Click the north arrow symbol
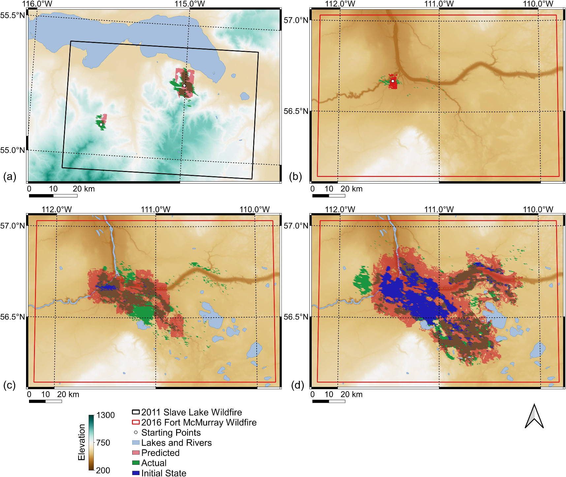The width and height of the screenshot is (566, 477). (x=534, y=417)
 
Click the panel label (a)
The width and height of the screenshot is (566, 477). (x=10, y=177)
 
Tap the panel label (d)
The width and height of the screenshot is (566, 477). (x=298, y=385)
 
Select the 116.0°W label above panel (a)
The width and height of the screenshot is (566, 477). (x=37, y=4)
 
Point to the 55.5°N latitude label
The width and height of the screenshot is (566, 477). (x=13, y=16)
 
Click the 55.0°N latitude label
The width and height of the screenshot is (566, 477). (x=13, y=151)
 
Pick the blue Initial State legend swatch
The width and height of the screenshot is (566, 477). (x=136, y=473)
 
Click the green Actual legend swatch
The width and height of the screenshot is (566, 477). (x=136, y=463)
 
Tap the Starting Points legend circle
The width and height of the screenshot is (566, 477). (x=136, y=432)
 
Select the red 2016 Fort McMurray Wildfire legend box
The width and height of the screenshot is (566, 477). (x=136, y=422)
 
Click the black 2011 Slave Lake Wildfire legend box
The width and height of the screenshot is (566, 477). (x=136, y=412)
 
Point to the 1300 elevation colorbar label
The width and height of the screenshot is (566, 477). (x=106, y=415)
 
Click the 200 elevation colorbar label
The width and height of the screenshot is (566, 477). (x=103, y=470)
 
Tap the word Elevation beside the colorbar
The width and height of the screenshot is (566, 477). (x=81, y=442)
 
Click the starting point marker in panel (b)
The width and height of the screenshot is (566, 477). (x=393, y=81)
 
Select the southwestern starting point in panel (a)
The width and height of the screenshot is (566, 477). (x=101, y=124)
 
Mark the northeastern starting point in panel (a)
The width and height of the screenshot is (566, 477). (x=184, y=85)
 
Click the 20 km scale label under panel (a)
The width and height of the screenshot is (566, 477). (x=83, y=189)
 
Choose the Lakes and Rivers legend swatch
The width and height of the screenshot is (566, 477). (x=136, y=443)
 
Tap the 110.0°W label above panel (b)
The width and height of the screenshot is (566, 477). (x=538, y=4)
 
